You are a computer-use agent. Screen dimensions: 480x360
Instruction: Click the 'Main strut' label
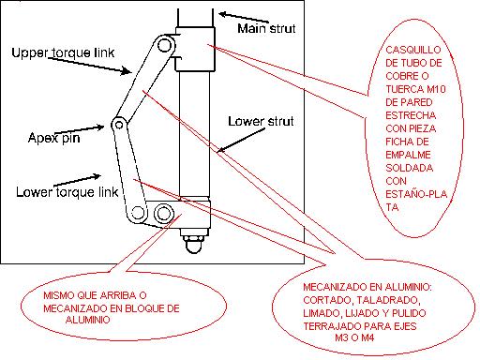[x=266, y=28]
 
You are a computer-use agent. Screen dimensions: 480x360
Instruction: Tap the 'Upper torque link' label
[x=63, y=52]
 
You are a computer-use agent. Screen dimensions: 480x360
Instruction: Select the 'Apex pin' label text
[x=53, y=138]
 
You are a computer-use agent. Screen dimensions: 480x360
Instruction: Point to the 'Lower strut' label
[x=261, y=121]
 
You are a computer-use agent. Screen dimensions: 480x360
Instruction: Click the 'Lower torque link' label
[x=67, y=192]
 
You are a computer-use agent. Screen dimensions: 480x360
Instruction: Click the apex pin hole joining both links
[x=119, y=125]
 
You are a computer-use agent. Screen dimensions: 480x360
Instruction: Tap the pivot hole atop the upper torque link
[x=164, y=45]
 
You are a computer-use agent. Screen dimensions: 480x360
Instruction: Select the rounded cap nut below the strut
[x=194, y=244]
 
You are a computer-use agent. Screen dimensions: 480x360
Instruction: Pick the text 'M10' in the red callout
[x=436, y=89]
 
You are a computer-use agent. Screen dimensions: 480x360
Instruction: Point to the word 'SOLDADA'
[x=409, y=168]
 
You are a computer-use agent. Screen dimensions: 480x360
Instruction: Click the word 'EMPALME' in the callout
[x=408, y=155]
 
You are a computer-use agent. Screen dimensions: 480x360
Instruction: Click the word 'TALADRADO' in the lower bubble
[x=387, y=300]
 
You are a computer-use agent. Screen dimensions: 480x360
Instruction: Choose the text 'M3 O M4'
[x=354, y=337]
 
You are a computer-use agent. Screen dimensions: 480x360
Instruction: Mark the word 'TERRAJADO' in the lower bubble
[x=331, y=326]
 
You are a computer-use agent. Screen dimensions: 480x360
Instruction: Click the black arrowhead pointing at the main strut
[x=223, y=14]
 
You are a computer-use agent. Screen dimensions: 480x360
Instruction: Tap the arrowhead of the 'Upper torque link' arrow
[x=127, y=71]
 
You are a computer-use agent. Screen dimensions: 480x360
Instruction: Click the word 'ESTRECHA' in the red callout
[x=411, y=115]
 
